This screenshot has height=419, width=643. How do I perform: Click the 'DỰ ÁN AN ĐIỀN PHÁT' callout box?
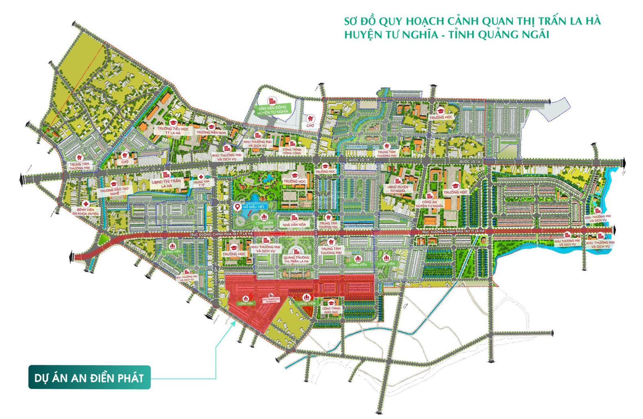click(89, 378)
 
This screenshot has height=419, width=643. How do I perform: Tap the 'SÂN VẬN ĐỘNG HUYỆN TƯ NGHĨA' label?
click(273, 109)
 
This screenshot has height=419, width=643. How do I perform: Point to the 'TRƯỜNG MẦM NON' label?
click(211, 132)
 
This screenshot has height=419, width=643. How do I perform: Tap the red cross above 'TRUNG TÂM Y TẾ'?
click(201, 177)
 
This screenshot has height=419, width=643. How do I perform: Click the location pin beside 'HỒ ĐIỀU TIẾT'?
click(237, 207)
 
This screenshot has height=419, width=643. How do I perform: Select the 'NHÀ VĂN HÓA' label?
click(294, 224)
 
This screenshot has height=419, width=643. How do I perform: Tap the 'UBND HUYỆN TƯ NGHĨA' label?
click(398, 189)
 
